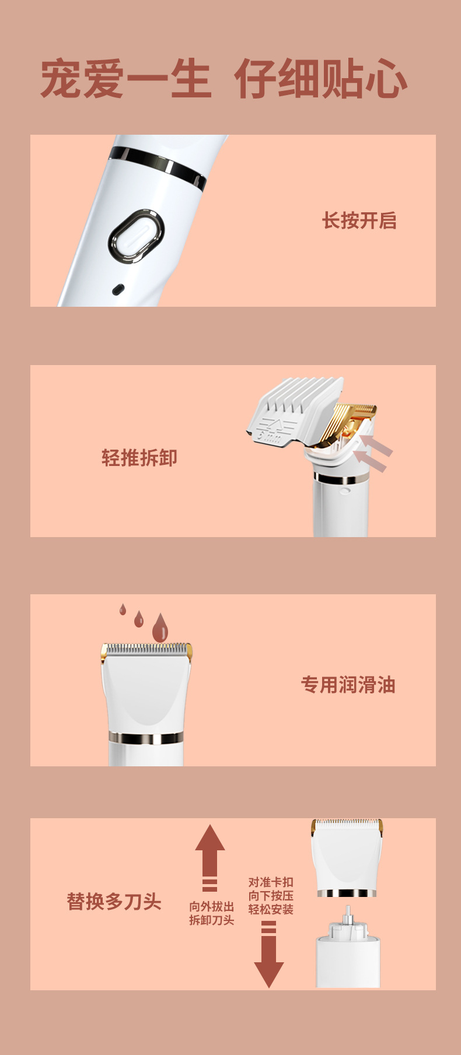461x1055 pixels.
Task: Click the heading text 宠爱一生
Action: click(x=125, y=79)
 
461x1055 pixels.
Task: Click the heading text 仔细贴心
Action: click(x=320, y=79)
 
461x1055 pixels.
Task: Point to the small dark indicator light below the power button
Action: click(x=118, y=289)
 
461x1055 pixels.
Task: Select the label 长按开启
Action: click(x=359, y=221)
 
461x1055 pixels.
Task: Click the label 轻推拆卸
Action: click(x=139, y=458)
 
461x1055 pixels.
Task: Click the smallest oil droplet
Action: click(x=123, y=610)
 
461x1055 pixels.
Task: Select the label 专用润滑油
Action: click(x=348, y=685)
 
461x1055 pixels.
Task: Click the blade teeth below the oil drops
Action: click(x=146, y=649)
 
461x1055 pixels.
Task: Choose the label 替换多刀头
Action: click(x=114, y=902)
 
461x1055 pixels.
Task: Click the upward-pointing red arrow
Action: click(x=209, y=857)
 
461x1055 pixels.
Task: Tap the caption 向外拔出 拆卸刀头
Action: click(x=212, y=913)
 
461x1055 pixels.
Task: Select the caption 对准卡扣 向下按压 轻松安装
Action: click(x=271, y=896)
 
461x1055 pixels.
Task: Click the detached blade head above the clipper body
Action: click(x=347, y=857)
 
